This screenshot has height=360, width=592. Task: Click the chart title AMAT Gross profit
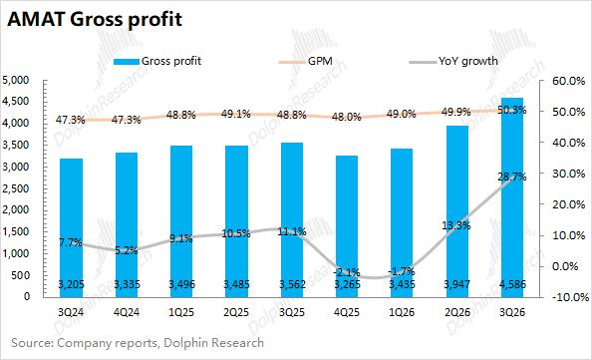tap(95, 20)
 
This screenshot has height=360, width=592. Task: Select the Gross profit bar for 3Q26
tap(512, 197)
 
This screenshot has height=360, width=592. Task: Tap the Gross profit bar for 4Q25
tap(347, 226)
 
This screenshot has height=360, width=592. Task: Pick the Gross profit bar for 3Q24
tap(71, 227)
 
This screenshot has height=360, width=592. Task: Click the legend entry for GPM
tap(306, 61)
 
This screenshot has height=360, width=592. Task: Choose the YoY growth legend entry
tap(453, 61)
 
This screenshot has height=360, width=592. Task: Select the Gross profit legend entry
tap(157, 61)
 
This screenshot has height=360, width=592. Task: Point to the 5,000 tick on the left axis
tap(16, 80)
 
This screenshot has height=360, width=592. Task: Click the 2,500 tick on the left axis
tap(16, 188)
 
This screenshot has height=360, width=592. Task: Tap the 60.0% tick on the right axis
tap(568, 81)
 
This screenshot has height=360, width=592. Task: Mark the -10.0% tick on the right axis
tap(569, 297)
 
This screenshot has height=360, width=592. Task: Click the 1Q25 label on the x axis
tap(181, 312)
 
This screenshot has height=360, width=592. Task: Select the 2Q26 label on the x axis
tap(457, 312)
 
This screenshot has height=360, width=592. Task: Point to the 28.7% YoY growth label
tap(512, 177)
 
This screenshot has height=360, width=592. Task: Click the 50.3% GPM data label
tap(512, 111)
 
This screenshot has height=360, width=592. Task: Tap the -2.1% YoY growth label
tap(347, 272)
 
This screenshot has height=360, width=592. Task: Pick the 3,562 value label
tap(292, 284)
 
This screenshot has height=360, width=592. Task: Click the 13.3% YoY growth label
tap(456, 226)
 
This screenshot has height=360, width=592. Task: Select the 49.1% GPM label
tap(236, 114)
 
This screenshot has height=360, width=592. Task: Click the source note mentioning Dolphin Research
tap(138, 343)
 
